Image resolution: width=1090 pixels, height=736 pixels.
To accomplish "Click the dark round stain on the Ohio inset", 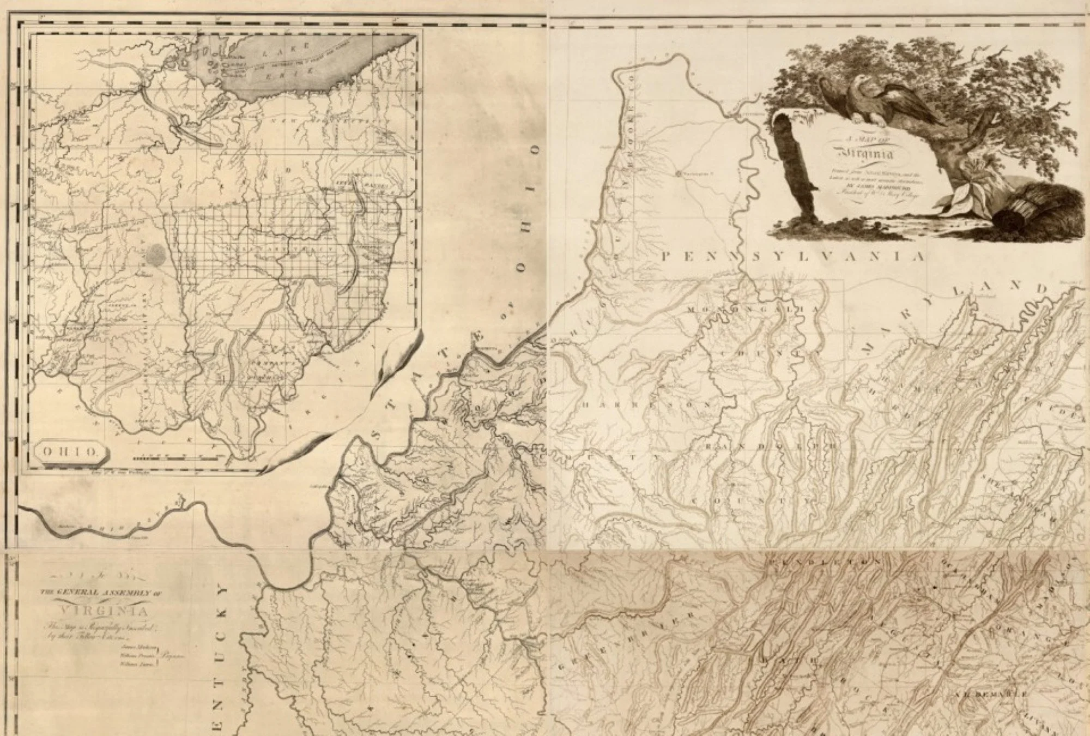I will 156,254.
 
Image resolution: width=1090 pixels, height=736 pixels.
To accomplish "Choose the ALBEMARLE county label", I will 992,695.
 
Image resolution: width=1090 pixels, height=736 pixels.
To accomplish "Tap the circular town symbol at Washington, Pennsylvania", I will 678,174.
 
